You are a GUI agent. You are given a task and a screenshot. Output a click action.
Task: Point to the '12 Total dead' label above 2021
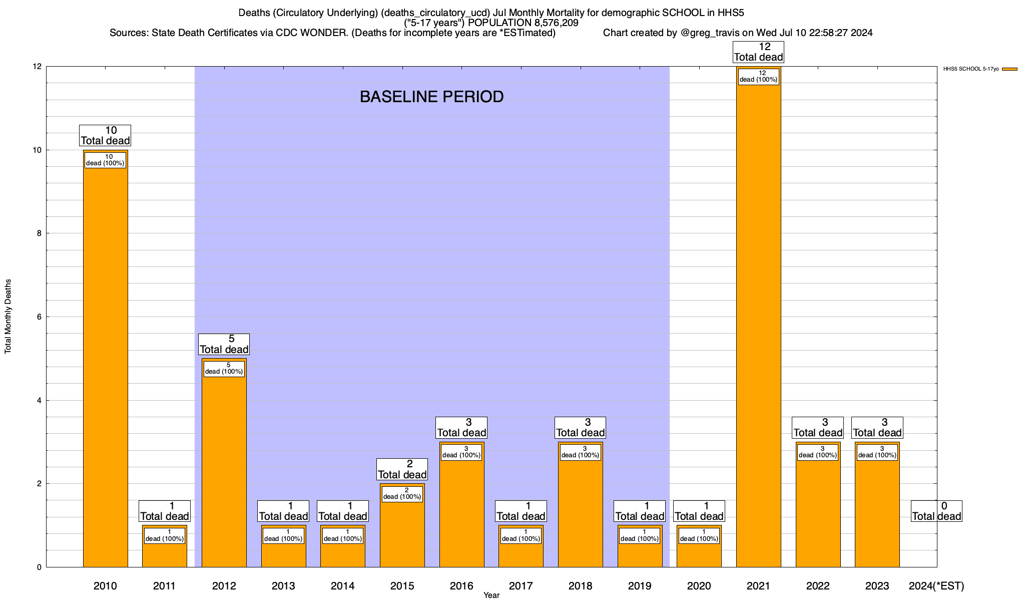pos(758,52)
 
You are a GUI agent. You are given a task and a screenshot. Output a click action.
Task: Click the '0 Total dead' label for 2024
pos(936,511)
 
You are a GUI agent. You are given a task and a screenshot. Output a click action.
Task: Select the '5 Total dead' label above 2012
pos(224,344)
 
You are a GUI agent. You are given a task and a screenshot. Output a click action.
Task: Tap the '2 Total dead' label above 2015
pos(402,469)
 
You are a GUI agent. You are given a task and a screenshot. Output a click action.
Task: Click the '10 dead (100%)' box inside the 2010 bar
pos(105,160)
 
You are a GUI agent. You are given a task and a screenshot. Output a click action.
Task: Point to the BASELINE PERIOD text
pos(431,97)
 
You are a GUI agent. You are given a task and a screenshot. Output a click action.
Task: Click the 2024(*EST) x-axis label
pos(936,586)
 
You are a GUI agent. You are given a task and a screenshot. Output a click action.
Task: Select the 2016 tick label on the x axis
pos(461,586)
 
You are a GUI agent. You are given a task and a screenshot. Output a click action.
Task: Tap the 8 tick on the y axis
pos(39,233)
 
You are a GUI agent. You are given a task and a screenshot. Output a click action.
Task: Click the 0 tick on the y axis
pos(39,567)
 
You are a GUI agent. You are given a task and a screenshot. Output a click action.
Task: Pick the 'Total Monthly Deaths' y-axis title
pos(8,317)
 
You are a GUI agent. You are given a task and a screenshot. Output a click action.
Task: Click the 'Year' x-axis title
pos(491,595)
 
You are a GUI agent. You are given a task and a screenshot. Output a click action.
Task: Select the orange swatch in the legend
pos(1009,69)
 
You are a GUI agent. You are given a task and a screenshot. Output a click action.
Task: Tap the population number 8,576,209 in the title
pos(550,23)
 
